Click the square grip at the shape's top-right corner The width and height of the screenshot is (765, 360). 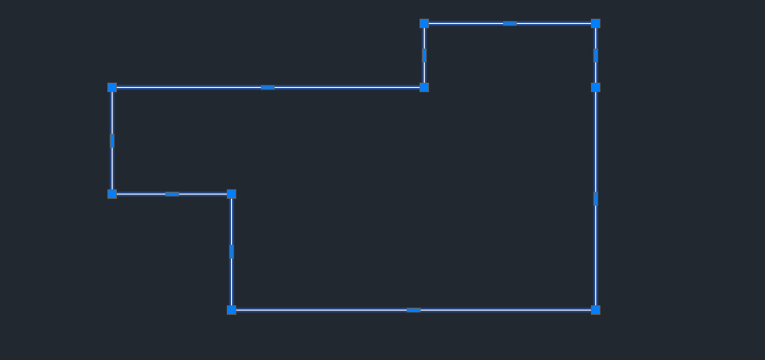(595, 23)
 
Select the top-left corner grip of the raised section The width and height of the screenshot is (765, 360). (424, 23)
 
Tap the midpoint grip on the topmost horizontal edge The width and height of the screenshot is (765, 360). (510, 23)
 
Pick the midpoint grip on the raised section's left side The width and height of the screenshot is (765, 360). (424, 55)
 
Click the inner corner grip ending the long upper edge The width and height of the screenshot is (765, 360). (424, 87)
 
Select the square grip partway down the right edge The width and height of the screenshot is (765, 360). (595, 87)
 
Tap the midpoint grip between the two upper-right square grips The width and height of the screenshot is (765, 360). (595, 55)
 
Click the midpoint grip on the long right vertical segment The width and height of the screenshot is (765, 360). (595, 199)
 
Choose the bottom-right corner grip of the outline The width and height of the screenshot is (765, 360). (595, 310)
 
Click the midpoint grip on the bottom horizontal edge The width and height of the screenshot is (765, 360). (414, 310)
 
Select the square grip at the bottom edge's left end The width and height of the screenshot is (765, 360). (231, 310)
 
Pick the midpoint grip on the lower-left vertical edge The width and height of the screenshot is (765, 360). (231, 252)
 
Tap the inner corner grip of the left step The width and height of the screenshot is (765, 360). (231, 194)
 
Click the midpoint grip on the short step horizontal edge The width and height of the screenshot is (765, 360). (171, 194)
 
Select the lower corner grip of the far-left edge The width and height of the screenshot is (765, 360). (112, 194)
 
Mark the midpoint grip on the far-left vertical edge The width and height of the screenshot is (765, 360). (112, 141)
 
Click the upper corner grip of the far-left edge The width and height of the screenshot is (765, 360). (112, 87)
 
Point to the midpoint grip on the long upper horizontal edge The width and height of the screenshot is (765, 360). (268, 87)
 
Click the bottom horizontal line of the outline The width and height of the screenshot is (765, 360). (324, 310)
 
